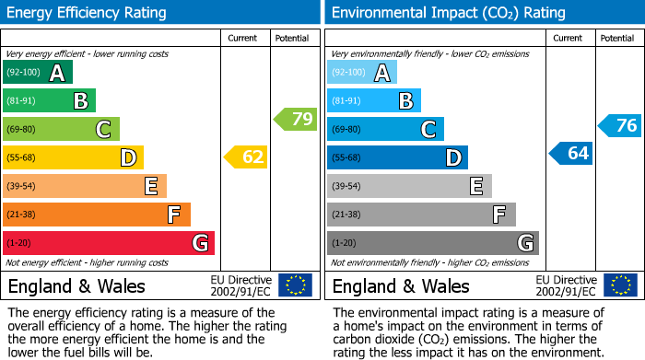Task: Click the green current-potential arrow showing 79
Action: point(296,119)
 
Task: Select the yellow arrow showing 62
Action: point(246,157)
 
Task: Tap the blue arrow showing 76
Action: point(620,126)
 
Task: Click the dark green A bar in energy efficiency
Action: point(38,73)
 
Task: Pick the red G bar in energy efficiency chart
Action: point(109,243)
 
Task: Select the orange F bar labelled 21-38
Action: point(97,215)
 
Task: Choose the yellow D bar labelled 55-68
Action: point(73,157)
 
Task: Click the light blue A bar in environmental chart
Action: point(362,73)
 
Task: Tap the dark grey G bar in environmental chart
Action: point(433,243)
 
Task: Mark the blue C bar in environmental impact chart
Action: point(385,129)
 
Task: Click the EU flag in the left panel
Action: point(295,285)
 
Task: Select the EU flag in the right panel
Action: point(619,285)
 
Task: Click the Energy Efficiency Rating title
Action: point(88,13)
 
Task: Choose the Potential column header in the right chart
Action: point(617,38)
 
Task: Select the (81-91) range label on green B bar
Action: point(22,101)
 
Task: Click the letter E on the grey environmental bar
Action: point(475,186)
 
